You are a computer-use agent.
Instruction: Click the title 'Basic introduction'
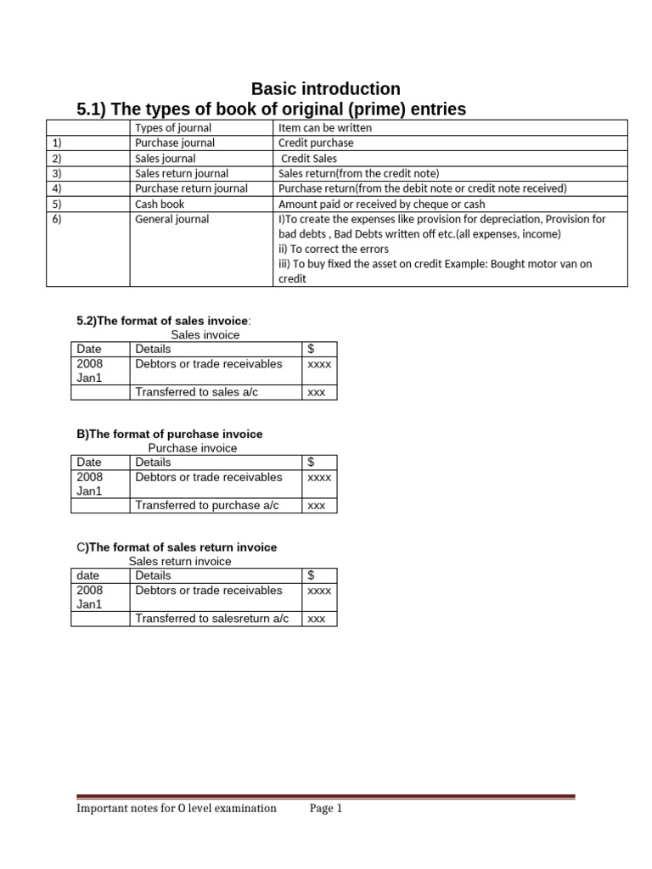pos(326,89)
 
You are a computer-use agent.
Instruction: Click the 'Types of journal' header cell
pos(174,128)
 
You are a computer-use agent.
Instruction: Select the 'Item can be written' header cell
pos(325,128)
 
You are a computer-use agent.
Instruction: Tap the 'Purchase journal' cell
pos(175,143)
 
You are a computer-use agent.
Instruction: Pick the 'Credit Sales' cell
pos(309,159)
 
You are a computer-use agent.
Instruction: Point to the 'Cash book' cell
pos(160,205)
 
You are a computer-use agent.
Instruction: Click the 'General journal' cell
pos(171,220)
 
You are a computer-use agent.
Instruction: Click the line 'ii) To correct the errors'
pos(334,249)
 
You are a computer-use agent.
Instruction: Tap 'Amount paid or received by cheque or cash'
pos(382,205)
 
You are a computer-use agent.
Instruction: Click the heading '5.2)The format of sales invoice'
pos(164,320)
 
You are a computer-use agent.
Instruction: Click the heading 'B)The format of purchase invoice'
pos(170,434)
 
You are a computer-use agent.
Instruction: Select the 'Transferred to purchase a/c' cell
pos(207,505)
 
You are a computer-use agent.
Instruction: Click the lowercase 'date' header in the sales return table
pos(88,575)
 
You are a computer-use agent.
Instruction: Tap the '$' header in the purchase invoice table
pos(311,463)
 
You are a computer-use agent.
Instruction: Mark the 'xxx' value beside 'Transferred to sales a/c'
pos(317,393)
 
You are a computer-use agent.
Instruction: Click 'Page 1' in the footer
pos(326,809)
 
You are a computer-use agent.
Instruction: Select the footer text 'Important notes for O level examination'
pos(177,809)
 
